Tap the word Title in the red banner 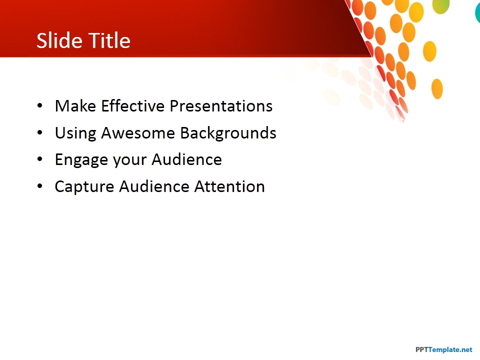coord(109,40)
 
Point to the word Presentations coord(221,106)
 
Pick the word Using coord(75,133)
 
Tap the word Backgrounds coord(228,133)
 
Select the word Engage coord(81,160)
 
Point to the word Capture coord(84,186)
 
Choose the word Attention coord(229,186)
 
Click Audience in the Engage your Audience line coord(186,159)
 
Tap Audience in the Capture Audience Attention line coord(154,186)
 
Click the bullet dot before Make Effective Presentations coord(40,106)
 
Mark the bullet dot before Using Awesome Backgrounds coord(40,132)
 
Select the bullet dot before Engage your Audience coord(40,159)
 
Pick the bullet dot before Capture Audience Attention coord(40,186)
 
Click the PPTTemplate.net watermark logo coord(444,349)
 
